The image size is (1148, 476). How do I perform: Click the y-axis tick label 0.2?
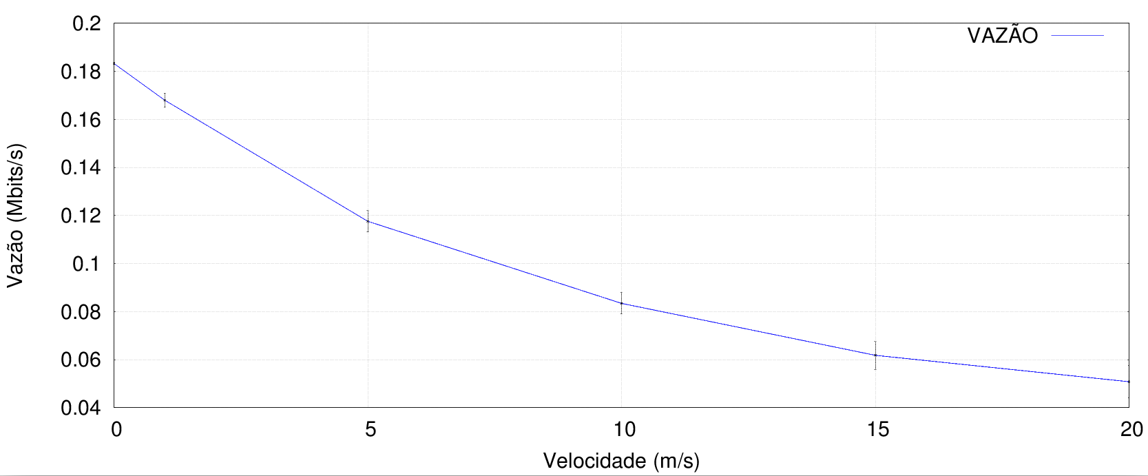(87, 23)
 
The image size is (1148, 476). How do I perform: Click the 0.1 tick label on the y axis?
(87, 264)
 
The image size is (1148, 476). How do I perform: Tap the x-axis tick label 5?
(371, 431)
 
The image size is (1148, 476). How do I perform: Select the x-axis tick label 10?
(624, 431)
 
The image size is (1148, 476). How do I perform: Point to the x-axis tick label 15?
(877, 431)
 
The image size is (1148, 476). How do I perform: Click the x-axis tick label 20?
(1131, 431)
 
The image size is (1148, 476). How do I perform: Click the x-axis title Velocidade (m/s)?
(621, 460)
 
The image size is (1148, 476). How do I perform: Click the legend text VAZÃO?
(1002, 36)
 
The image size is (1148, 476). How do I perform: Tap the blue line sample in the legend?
(1078, 35)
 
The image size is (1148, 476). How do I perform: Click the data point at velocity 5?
(368, 221)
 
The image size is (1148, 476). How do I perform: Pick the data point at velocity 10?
(621, 303)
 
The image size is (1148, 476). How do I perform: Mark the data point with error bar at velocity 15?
(875, 355)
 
